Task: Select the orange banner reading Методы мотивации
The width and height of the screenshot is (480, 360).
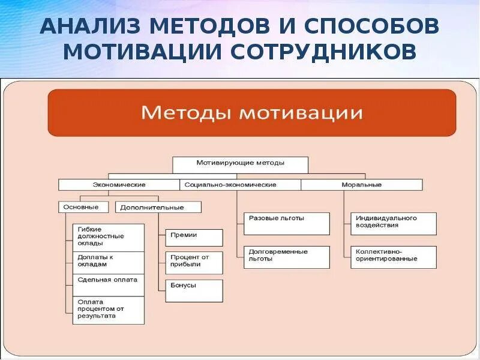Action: point(252,113)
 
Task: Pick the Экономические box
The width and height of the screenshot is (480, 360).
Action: point(119,185)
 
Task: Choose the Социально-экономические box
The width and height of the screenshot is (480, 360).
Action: point(240,185)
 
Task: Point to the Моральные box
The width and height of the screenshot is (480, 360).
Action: point(362,185)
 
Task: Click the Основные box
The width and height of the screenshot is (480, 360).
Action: point(83,207)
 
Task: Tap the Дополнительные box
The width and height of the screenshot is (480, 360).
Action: point(158,207)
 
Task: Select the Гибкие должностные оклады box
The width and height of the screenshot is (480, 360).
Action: point(109,237)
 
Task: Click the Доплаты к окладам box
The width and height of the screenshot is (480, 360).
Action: point(109,262)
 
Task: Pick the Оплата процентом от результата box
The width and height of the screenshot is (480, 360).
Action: point(109,310)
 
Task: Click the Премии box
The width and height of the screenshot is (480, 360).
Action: point(194,238)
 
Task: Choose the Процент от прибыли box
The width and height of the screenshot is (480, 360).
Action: point(194,262)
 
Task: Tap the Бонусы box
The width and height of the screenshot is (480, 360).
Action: point(194,290)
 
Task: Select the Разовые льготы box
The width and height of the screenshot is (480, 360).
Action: point(287,223)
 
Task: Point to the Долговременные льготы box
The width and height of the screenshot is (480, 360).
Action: point(287,257)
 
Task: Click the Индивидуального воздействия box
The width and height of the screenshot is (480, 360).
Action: point(394,223)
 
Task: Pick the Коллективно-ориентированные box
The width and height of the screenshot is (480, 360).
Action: point(394,257)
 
